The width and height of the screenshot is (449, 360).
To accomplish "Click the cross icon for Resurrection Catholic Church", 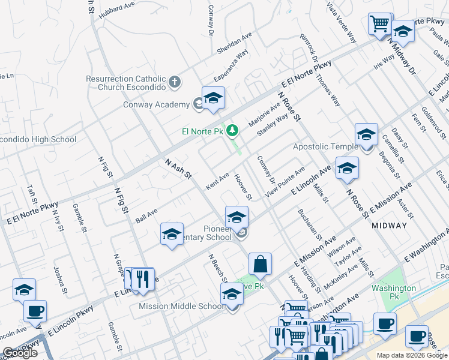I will (x=175, y=82).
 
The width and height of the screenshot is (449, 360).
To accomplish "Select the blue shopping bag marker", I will (x=260, y=264).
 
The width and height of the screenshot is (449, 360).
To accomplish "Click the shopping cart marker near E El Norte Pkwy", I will (x=379, y=25).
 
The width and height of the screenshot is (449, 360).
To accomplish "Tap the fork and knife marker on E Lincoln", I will (x=142, y=279).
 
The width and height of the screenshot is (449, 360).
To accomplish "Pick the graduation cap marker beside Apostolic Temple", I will (x=366, y=135).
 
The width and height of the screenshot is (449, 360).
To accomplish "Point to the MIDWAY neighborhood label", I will (x=389, y=226).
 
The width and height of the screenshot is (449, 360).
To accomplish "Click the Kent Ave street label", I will (x=217, y=179).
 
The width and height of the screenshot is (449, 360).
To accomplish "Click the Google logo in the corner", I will (x=20, y=353).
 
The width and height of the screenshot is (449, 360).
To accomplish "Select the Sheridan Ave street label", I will (x=234, y=41).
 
